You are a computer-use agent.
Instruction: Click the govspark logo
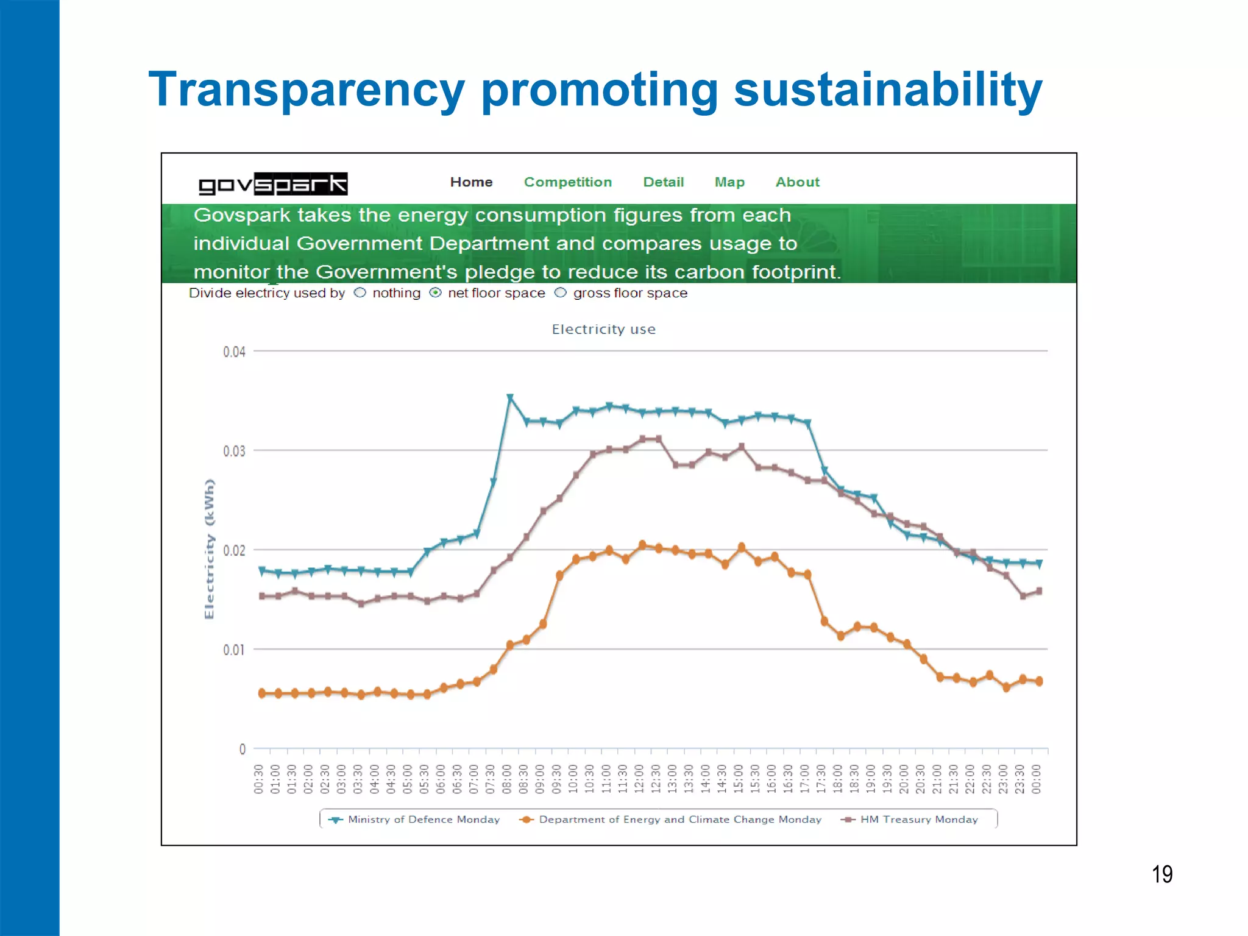273,183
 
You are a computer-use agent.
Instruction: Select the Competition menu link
567,182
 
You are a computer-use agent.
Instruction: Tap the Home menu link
471,182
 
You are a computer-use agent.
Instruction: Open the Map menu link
729,182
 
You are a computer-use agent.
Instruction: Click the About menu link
797,182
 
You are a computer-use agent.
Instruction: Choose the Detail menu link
664,182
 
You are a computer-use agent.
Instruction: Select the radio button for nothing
360,293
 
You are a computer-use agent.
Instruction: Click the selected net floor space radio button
435,293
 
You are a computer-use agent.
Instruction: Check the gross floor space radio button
561,293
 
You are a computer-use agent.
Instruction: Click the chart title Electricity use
603,329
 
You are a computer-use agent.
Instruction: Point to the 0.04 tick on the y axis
234,352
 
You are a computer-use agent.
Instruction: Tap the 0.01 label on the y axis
234,650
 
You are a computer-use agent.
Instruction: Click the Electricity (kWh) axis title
210,548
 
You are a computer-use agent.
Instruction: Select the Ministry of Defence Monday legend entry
414,820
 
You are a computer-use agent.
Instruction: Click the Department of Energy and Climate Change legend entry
670,820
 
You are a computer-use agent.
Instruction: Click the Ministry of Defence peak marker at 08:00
510,398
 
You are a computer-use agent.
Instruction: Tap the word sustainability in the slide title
888,90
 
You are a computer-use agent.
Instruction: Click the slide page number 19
1161,874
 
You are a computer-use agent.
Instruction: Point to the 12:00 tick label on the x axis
639,779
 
